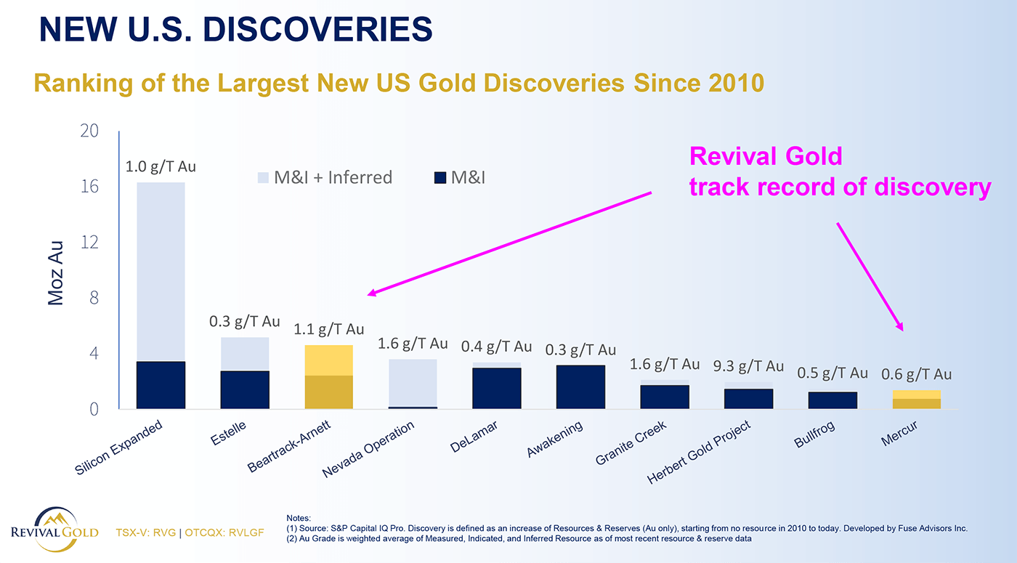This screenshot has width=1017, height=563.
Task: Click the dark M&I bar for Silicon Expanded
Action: (x=161, y=385)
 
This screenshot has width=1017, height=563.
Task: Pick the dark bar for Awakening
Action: (x=580, y=386)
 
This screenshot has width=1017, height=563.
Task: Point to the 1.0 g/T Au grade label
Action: (x=161, y=166)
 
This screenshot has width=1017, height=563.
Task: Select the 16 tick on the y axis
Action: (x=91, y=187)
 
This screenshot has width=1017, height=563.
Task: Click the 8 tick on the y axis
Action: (x=94, y=298)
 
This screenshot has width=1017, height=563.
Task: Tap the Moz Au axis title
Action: (x=57, y=272)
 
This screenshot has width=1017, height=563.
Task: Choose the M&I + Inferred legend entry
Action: (x=325, y=177)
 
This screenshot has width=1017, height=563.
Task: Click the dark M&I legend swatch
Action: (x=439, y=177)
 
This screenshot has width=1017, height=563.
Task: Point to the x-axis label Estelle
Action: (x=229, y=434)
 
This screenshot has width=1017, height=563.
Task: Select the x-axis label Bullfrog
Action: (x=814, y=434)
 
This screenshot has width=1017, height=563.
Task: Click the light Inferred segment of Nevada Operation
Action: (x=413, y=383)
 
